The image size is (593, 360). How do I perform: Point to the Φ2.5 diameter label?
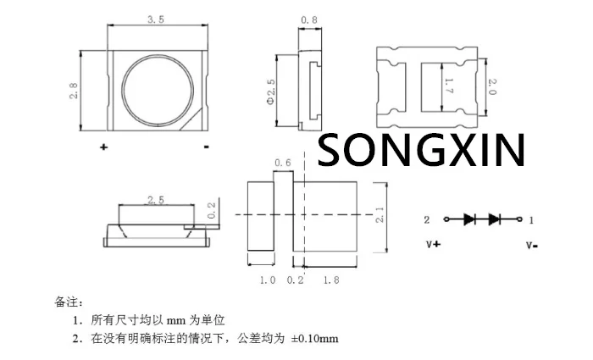[x=270, y=91]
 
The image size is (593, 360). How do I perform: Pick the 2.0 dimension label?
[x=492, y=86]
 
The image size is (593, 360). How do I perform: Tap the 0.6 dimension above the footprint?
[x=282, y=162]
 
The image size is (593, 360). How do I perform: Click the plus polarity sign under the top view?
[x=104, y=147]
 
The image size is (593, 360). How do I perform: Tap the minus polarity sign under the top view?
[x=207, y=147]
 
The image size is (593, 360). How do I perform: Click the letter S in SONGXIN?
[x=333, y=151]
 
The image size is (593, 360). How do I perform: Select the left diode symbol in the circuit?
[x=469, y=219]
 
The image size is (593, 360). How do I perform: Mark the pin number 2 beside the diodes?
[x=428, y=219]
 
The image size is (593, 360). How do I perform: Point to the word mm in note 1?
[x=174, y=321]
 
